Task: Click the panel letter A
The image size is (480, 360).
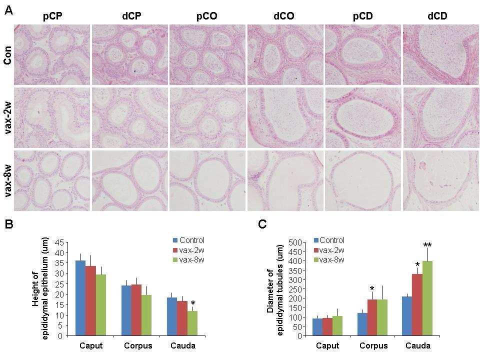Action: pyautogui.click(x=8, y=10)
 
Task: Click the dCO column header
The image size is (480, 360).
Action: pyautogui.click(x=283, y=16)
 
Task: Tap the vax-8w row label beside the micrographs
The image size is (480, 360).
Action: pyautogui.click(x=7, y=186)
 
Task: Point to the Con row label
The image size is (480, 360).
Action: pyautogui.click(x=7, y=55)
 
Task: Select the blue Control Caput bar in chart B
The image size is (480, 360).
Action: pyautogui.click(x=80, y=298)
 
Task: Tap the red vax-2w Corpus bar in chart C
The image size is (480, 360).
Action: pyautogui.click(x=372, y=317)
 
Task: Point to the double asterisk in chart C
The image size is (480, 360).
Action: pyautogui.click(x=427, y=245)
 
